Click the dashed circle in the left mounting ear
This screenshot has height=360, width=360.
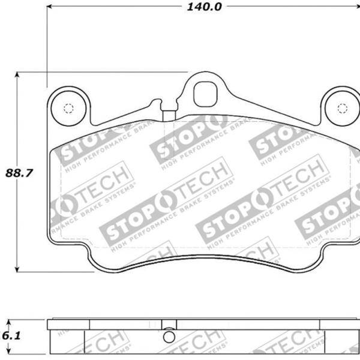67,109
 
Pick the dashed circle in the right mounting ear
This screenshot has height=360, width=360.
343,108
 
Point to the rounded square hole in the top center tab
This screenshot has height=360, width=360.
205,94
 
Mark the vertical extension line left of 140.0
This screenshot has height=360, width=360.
46,42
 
